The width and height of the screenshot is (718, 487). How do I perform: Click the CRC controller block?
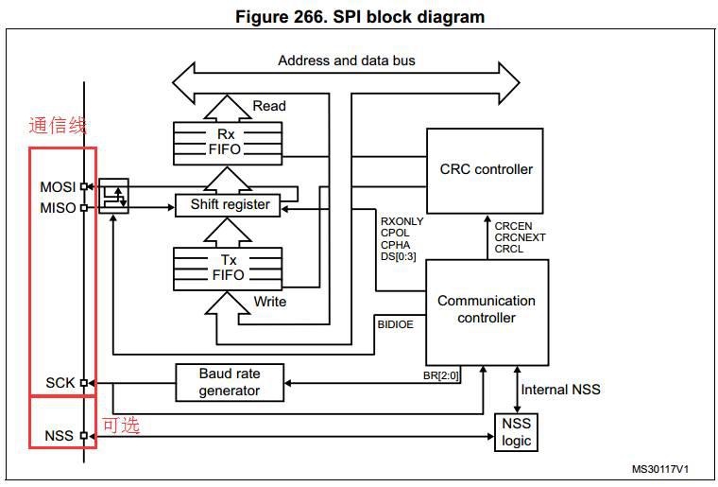click(485, 171)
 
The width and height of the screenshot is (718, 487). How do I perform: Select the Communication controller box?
click(487, 312)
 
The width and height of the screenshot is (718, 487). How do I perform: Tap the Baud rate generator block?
click(230, 383)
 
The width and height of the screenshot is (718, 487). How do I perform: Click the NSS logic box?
click(516, 432)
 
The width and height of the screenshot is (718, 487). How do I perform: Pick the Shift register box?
click(228, 205)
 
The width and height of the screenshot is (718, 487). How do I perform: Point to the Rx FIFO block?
click(228, 144)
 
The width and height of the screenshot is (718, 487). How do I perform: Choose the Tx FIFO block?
click(228, 269)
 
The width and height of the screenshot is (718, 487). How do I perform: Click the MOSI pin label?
click(58, 187)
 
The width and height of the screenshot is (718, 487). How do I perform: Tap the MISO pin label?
click(58, 208)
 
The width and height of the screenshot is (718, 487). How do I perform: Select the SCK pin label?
click(60, 383)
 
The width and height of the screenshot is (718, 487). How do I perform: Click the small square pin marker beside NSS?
click(84, 435)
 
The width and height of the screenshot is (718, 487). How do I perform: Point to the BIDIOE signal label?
click(395, 324)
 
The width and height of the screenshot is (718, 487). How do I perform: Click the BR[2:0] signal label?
click(440, 375)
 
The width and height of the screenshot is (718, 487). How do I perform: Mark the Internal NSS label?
click(560, 390)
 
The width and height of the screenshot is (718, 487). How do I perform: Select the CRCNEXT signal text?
click(520, 237)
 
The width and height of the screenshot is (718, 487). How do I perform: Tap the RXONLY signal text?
click(402, 221)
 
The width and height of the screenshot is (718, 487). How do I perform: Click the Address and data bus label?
click(347, 61)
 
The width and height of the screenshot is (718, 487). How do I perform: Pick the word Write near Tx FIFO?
click(270, 302)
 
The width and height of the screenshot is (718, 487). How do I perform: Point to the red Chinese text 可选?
click(121, 425)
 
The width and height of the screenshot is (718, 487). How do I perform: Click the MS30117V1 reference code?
click(659, 469)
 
